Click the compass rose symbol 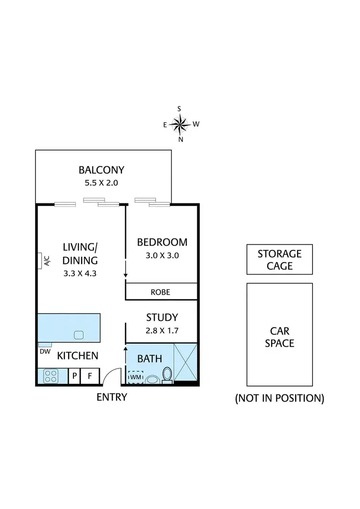coord(180,124)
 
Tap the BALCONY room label coord(101,170)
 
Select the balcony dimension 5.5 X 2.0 coord(101,183)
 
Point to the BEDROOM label coord(162,242)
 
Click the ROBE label coord(160,292)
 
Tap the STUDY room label coord(162,317)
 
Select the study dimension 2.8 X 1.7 coord(162,330)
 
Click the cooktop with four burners coord(50,376)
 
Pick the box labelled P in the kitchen coord(75,376)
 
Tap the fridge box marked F coord(89,376)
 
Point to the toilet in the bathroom coord(167,375)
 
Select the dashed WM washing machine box coord(136,378)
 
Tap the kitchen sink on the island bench coord(79,334)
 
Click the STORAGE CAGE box coord(279,260)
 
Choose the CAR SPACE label coord(279,337)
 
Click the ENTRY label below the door coord(112,397)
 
